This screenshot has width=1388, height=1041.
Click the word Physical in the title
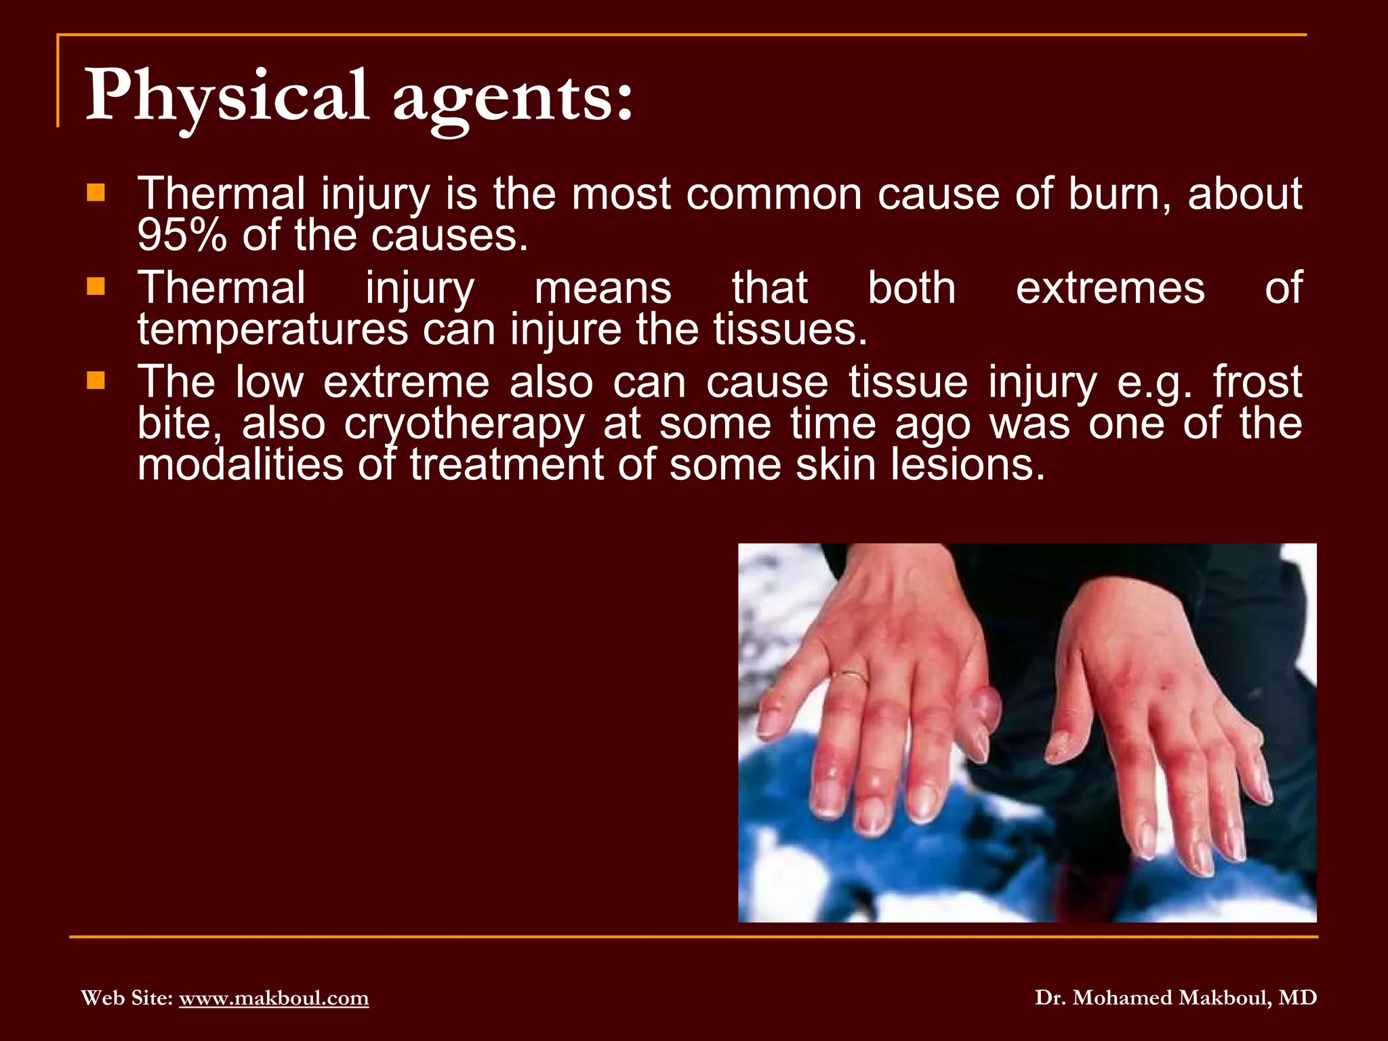tap(227, 96)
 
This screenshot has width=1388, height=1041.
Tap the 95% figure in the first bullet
tap(182, 236)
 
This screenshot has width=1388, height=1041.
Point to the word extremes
tap(1110, 288)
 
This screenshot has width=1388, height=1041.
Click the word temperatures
tap(272, 330)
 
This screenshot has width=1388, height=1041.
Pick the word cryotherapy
tap(464, 425)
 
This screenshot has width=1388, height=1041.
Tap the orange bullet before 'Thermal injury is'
tap(96, 194)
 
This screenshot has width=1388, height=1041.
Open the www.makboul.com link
tap(274, 998)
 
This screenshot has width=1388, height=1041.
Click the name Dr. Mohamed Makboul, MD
tap(1176, 998)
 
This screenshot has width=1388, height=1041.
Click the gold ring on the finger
tap(850, 675)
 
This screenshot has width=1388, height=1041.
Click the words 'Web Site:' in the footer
tap(127, 998)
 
